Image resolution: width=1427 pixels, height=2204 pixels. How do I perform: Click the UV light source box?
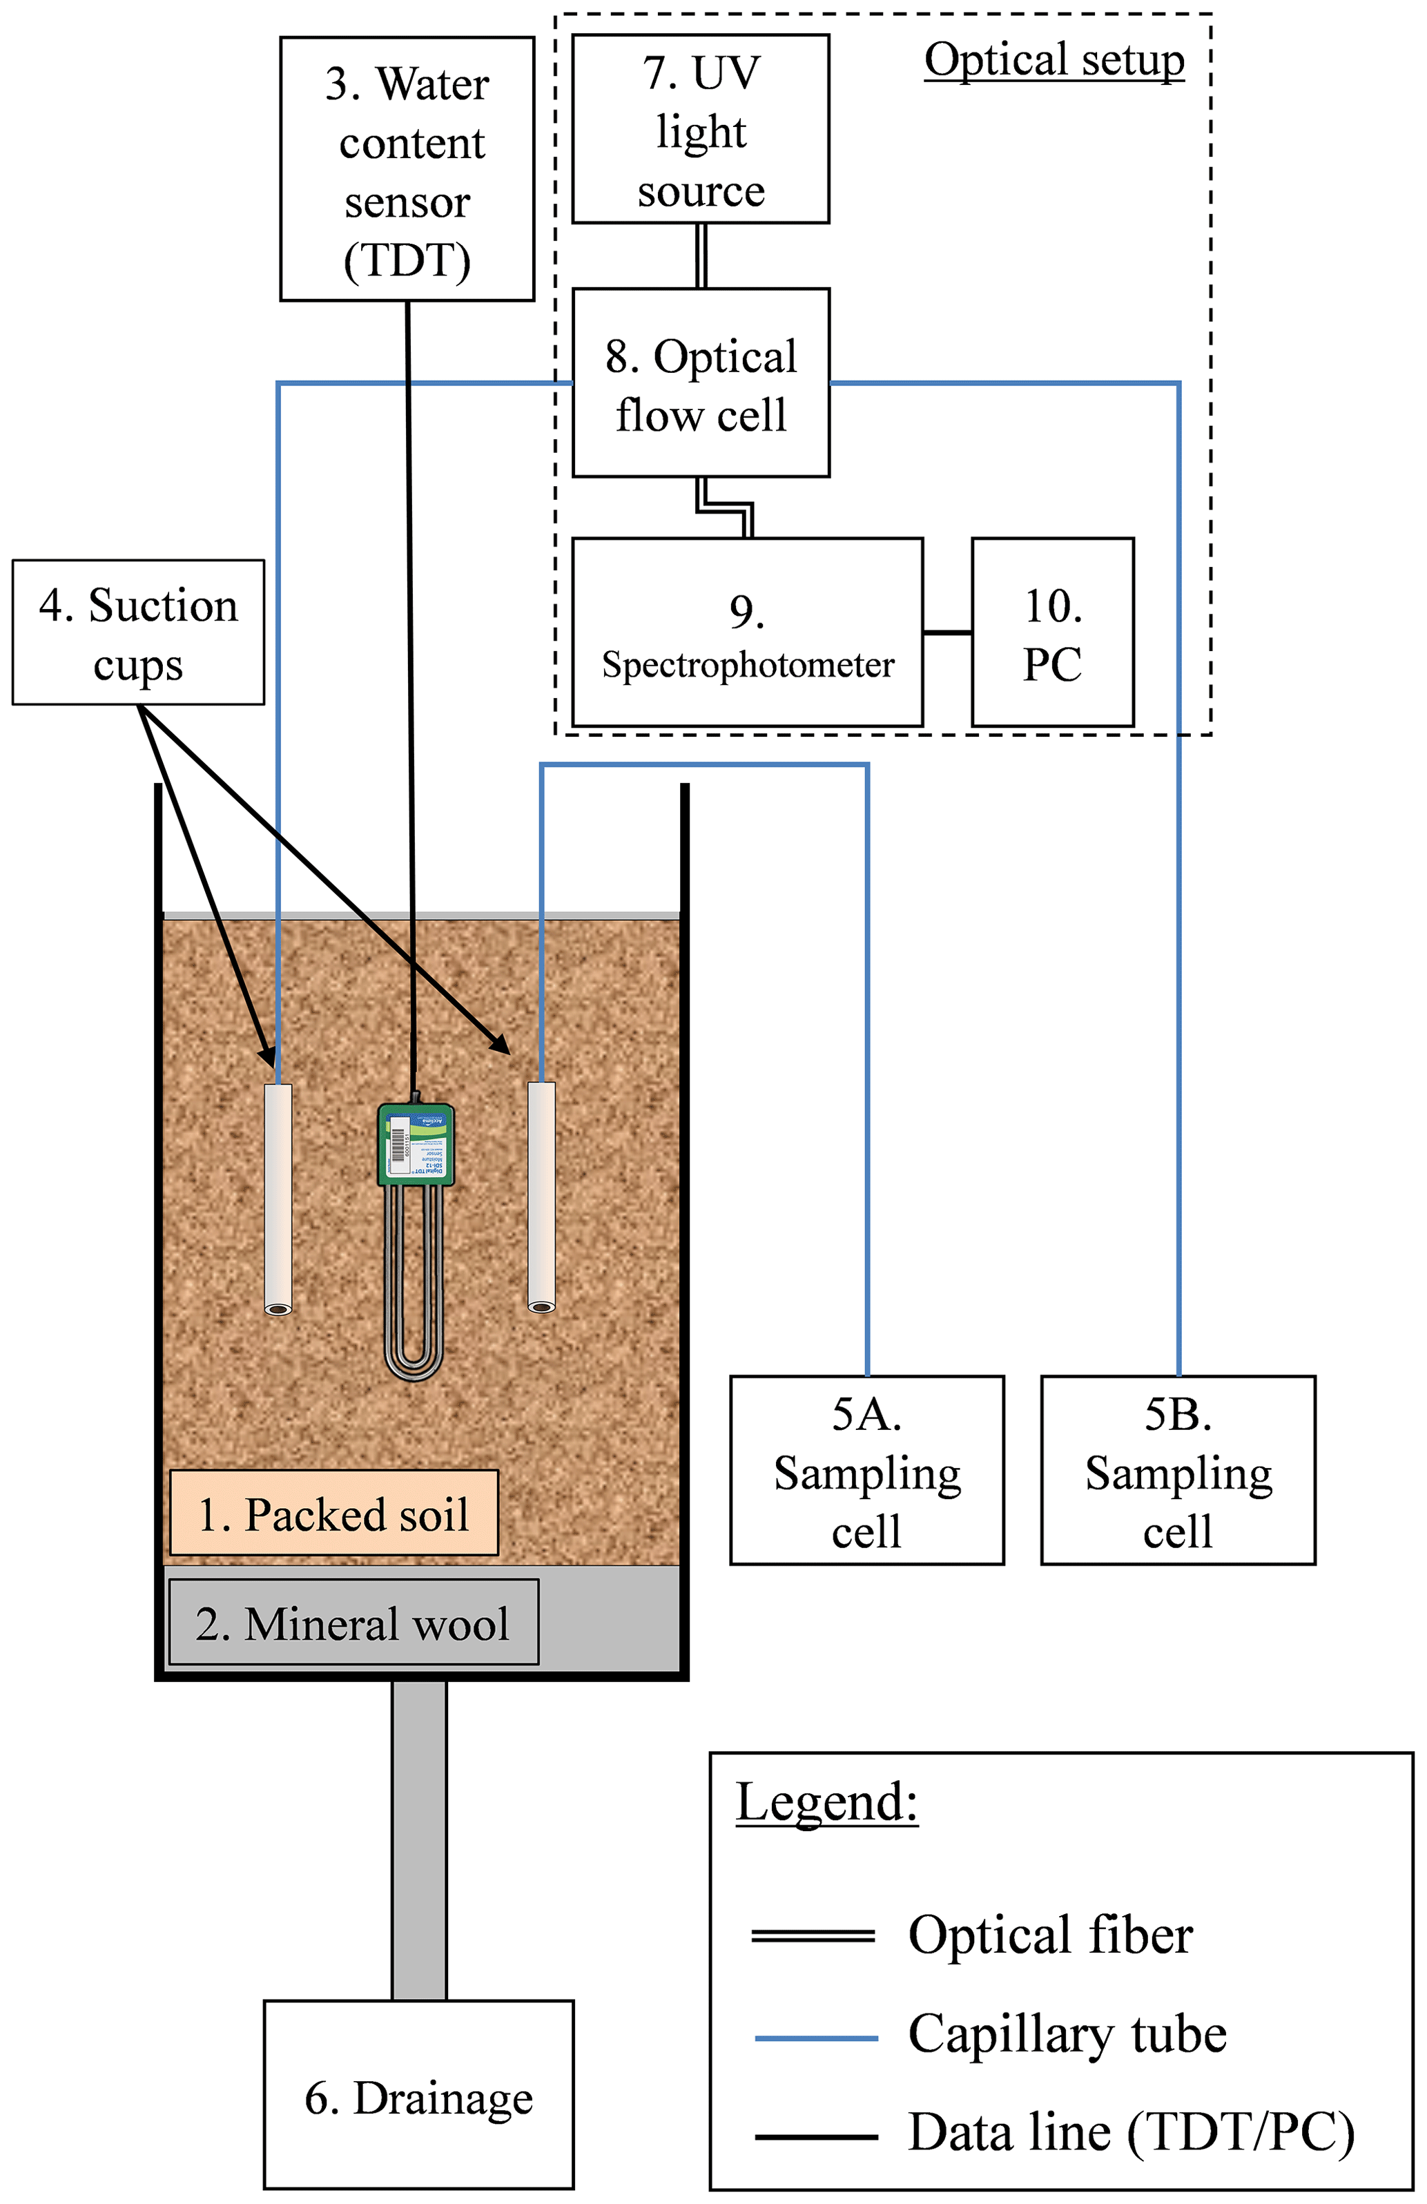pos(700,130)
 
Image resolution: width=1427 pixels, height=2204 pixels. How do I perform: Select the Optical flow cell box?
pos(700,383)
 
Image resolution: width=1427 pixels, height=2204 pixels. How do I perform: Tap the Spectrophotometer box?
pos(746,632)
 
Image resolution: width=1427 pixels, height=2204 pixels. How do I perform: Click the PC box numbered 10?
pos(1052,632)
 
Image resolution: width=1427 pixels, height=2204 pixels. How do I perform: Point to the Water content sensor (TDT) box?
pos(407,169)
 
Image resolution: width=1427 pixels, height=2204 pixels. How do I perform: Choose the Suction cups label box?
pos(138,632)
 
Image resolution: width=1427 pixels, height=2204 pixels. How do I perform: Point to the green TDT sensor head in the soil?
pos(416,1145)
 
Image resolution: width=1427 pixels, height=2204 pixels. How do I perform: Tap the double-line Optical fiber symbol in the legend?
pos(812,1935)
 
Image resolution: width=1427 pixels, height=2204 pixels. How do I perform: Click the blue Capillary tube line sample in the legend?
pos(816,2038)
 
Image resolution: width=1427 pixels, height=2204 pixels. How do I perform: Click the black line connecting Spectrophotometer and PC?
pos(947,632)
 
